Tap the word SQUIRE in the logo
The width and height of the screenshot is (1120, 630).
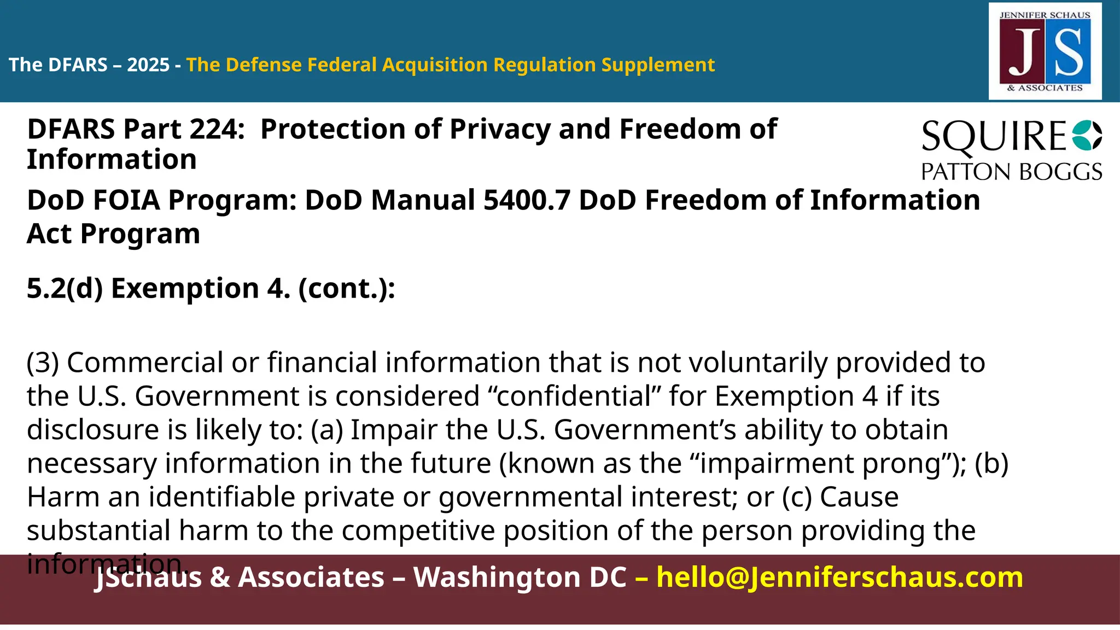click(994, 137)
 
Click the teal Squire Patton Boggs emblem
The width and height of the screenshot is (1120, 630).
click(1087, 136)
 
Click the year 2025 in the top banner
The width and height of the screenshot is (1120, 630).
click(148, 65)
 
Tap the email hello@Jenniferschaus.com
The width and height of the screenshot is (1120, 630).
click(839, 577)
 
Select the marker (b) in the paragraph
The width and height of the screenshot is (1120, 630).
click(991, 463)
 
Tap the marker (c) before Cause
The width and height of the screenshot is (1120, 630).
click(797, 497)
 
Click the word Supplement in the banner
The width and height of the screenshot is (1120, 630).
click(658, 65)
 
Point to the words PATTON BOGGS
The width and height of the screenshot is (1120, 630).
click(1011, 172)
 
